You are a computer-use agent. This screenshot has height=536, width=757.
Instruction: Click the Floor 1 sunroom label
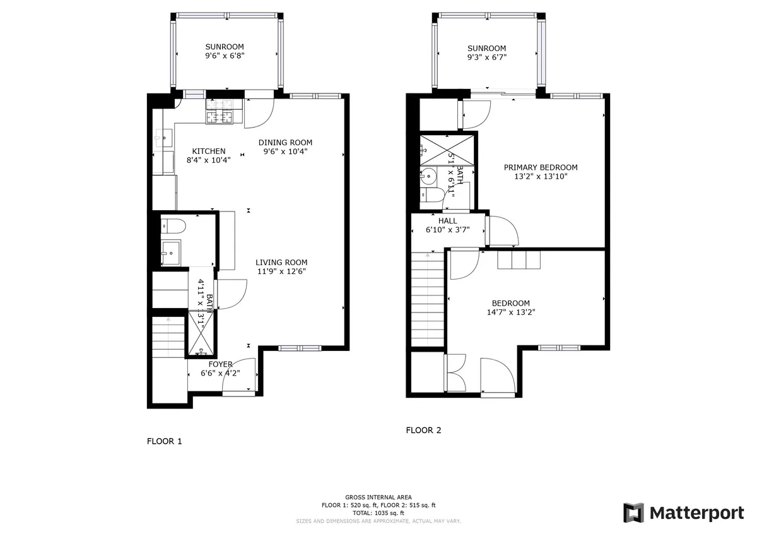pos(224,47)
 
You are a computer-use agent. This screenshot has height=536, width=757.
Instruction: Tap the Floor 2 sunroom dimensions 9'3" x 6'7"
pos(486,57)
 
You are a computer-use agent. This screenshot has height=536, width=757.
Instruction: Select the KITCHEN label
pos(209,151)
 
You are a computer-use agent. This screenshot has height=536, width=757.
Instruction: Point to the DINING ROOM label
pos(285,142)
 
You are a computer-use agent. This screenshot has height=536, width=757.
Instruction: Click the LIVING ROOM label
pos(281,262)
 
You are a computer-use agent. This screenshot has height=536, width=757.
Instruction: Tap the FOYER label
pos(221,364)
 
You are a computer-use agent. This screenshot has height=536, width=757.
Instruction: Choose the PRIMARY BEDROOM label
pos(541,167)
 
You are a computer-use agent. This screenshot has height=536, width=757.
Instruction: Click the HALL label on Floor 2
pos(447,221)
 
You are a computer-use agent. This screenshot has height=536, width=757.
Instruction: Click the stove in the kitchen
pos(220,117)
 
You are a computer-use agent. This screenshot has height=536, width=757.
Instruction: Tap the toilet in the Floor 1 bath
pos(172,225)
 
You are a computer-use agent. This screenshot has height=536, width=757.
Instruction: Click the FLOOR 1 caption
pos(164,441)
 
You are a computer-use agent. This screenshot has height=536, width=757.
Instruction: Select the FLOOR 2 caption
pos(423,431)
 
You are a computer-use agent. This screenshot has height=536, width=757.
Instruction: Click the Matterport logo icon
pos(633,513)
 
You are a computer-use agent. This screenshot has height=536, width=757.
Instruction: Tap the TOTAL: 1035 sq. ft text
pos(378,513)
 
